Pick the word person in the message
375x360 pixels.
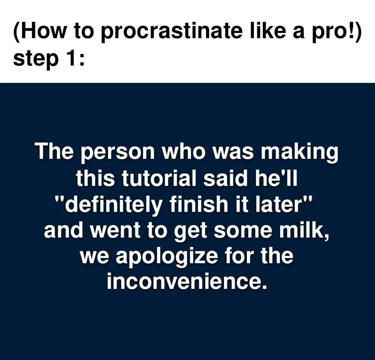coord(118,153)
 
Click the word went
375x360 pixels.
coord(115,231)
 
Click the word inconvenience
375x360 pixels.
coord(187,282)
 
